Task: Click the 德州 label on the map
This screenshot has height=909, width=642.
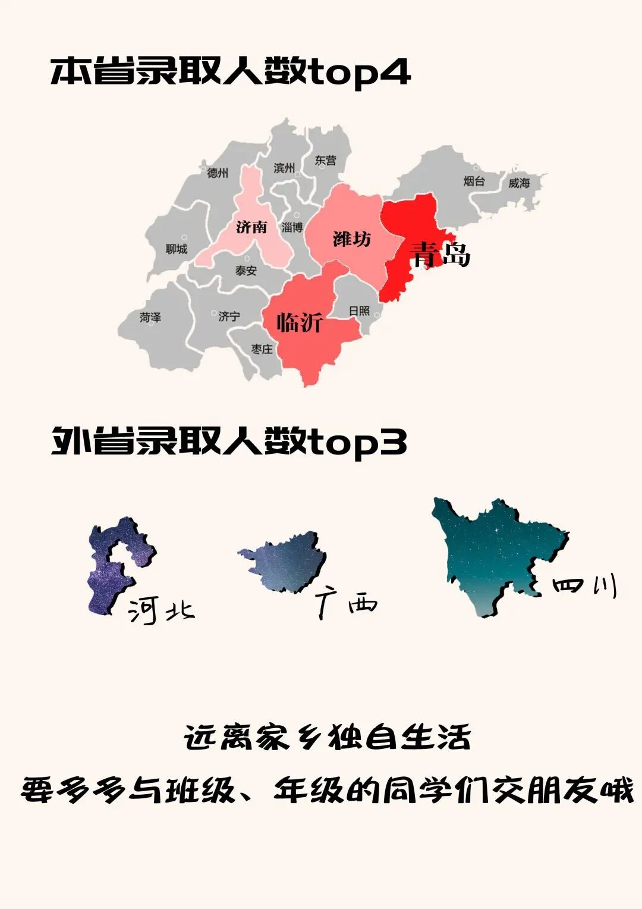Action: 218,173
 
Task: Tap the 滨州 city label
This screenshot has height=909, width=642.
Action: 284,168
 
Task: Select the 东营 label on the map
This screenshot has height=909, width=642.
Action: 325,161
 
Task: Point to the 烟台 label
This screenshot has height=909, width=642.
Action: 474,181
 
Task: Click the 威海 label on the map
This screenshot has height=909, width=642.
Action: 518,183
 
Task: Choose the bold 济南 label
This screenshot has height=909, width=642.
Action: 251,227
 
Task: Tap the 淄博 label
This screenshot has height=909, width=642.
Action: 292,227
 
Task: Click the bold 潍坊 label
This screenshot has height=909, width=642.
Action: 351,239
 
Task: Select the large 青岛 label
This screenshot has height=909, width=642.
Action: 440,254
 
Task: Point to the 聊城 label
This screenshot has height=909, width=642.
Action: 177,249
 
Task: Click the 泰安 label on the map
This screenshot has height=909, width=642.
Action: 246,271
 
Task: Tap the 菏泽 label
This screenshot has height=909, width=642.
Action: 150,318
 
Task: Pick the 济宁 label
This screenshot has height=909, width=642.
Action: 229,316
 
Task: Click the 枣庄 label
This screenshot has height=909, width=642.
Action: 262,349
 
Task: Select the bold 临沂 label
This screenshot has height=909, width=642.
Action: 300,322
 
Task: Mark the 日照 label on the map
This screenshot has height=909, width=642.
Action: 359,311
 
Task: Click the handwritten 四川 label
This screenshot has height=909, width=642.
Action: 584,585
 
